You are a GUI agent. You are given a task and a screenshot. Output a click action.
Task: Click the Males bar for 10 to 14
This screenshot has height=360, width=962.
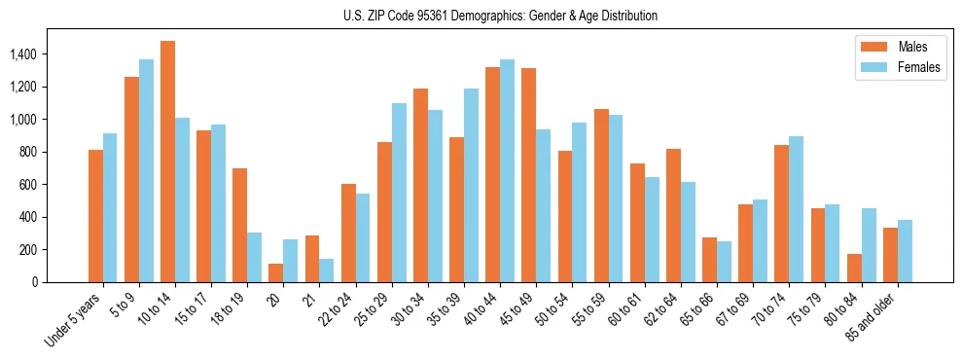pos(167,162)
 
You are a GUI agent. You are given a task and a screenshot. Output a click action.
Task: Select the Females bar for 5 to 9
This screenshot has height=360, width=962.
pos(146,170)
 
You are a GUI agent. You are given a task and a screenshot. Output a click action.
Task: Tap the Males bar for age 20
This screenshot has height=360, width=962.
pos(276,272)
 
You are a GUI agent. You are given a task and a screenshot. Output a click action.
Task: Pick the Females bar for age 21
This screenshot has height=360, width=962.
pos(327,270)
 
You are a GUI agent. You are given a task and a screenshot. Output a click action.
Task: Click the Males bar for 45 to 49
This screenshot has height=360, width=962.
pos(529,175)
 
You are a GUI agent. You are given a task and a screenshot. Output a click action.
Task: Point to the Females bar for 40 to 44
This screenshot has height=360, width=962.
pos(508,170)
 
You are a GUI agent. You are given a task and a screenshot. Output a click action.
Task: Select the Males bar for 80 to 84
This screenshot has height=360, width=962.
pos(854,268)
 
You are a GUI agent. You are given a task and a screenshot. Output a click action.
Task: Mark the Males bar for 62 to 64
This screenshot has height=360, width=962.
pos(673,215)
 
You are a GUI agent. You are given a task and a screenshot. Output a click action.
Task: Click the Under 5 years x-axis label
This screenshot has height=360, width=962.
pos(73,319)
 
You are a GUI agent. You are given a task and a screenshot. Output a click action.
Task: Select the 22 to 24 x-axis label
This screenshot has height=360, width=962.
pos(338,309)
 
